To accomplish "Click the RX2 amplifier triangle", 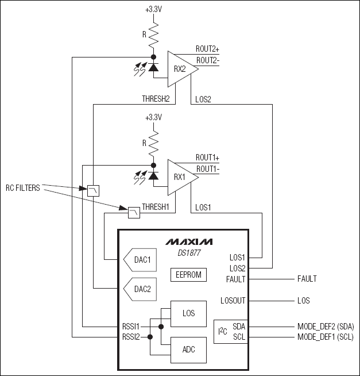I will point(180,68).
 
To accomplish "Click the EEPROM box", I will point(188,274).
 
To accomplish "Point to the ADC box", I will point(188,349).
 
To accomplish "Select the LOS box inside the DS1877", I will point(188,313).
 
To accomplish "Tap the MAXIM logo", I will point(188,241).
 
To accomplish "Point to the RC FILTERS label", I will point(23,187).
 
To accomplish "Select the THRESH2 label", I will point(156,98).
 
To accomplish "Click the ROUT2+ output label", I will point(208,49).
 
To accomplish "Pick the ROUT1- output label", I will point(208,168).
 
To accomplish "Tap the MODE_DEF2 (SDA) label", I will point(325,326).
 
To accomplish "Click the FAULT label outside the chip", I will point(307,279).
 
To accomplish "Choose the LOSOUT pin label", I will point(233,300).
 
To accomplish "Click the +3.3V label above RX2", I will point(153,9).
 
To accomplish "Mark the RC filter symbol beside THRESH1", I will point(134,213).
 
